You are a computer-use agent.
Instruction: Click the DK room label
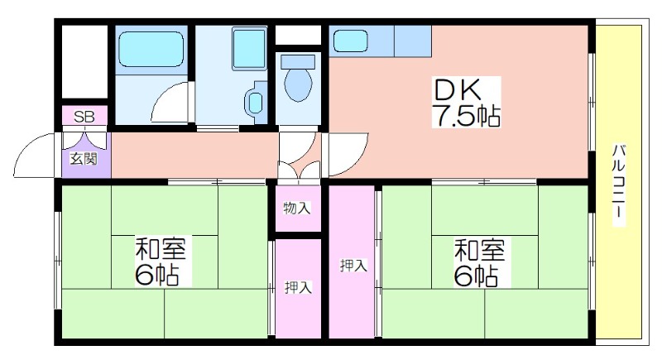[x=458, y=89]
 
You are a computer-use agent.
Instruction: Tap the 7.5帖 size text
[x=466, y=115]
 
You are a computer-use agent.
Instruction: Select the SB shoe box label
[x=84, y=117]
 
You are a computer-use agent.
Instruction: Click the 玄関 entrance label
[x=84, y=159]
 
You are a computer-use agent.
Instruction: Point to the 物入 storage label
[x=297, y=208]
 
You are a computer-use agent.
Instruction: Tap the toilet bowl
[x=298, y=85]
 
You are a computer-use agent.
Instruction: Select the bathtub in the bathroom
[x=151, y=49]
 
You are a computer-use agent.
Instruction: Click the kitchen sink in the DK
[x=351, y=41]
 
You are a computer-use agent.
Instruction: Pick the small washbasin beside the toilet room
[x=255, y=103]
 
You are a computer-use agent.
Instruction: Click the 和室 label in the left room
[x=160, y=248]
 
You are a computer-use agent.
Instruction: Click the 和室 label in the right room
[x=479, y=250]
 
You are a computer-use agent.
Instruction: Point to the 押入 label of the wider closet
[x=353, y=266]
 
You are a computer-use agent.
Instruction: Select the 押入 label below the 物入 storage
[x=298, y=287]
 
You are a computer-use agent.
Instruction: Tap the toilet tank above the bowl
[x=298, y=61]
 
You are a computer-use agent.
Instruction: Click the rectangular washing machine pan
[x=249, y=49]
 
